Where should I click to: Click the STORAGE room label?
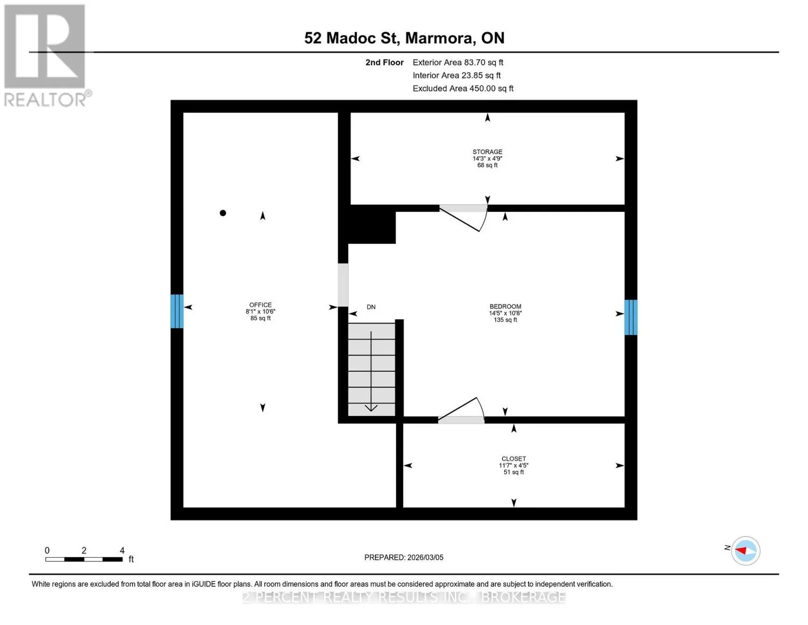coord(487,152)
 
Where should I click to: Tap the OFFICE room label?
coord(260,305)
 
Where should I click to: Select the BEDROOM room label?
coord(505,307)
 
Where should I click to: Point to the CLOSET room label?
coord(514,459)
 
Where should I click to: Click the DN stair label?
coord(371,307)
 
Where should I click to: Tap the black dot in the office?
coord(223,213)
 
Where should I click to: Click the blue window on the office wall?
coord(177,311)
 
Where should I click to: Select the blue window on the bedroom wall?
coord(631,317)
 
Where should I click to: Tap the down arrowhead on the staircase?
coord(371,408)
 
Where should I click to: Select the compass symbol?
coord(745,551)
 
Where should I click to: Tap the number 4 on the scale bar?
coord(122,550)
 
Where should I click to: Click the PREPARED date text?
coord(404,557)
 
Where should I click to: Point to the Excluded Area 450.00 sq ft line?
coord(463,89)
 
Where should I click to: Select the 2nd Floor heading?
coord(384,63)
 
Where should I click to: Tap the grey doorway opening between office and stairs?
coord(343,285)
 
